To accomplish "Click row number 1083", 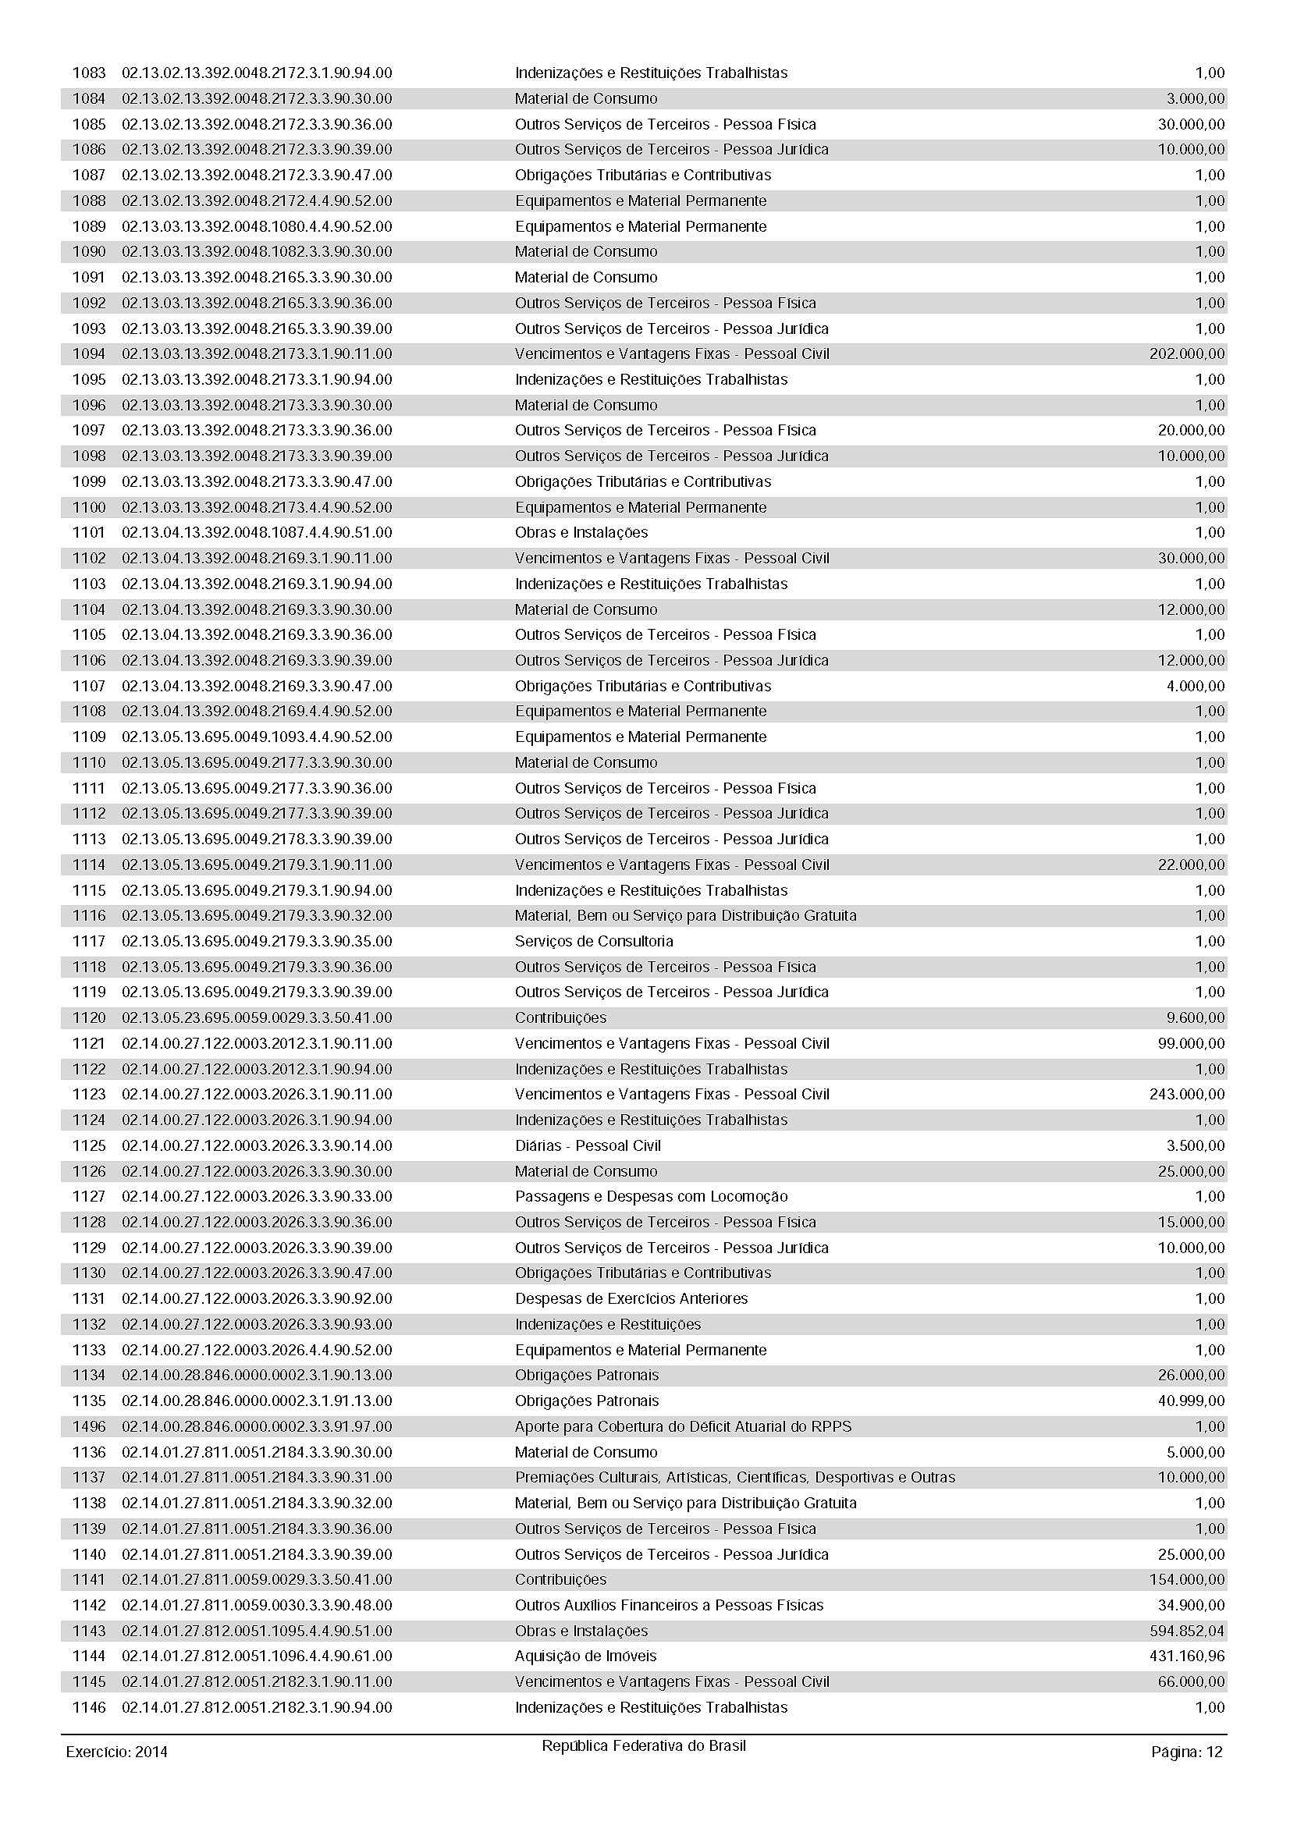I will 89,73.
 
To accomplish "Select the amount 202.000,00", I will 1187,353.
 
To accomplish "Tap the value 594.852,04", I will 1187,1631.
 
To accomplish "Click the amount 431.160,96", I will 1187,1656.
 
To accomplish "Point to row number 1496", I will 89,1427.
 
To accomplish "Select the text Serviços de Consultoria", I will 594,941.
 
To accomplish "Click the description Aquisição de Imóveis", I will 586,1656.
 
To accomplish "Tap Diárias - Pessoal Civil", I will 588,1145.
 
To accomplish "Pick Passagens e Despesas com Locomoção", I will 651,1196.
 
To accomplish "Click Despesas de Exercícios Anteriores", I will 631,1299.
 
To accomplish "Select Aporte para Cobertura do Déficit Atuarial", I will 683,1427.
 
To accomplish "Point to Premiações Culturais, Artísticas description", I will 734,1478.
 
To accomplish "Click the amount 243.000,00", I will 1187,1095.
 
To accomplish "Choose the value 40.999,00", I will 1192,1401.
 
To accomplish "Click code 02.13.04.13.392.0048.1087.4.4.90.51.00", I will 257,533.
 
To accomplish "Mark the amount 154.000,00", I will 1187,1579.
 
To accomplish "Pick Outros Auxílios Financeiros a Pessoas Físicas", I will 670,1606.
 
